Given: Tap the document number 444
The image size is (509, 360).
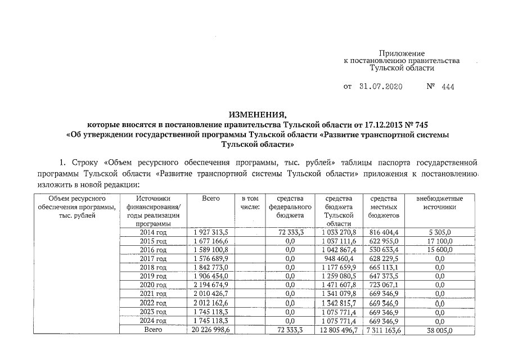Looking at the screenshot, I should [x=448, y=87].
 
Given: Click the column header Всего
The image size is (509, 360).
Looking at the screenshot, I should [x=210, y=199].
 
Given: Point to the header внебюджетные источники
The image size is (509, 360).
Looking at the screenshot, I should [x=440, y=203].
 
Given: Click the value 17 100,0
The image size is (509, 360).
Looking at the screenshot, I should [x=440, y=241].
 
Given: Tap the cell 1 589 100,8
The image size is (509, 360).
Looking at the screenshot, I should [x=210, y=250].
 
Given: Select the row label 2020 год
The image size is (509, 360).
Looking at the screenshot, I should [x=152, y=285].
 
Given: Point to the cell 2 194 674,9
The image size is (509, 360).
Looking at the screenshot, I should [x=210, y=285].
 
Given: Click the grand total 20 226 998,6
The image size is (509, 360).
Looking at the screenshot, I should [x=210, y=330].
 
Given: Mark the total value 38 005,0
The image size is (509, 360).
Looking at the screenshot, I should [x=440, y=330].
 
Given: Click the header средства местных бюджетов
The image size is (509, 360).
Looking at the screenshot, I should [x=384, y=207].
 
